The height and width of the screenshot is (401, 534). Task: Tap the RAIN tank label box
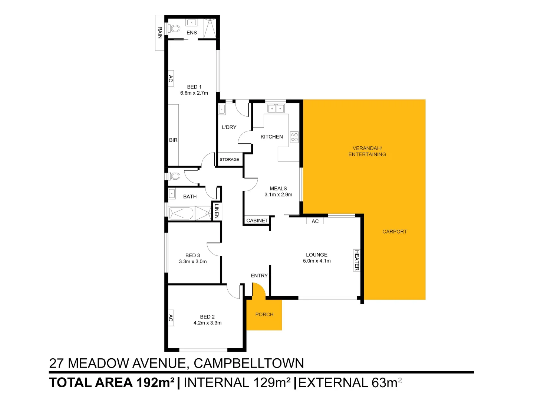[x=160, y=33]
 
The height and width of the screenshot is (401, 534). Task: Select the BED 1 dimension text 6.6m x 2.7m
[x=194, y=93]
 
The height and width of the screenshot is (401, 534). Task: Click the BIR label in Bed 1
[x=173, y=140]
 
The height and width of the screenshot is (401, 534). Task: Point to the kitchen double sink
[x=276, y=108]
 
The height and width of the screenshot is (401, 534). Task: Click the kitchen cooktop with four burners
[x=294, y=137]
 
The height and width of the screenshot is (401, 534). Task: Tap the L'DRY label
[x=229, y=127]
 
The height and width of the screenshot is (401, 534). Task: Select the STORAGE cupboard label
[x=229, y=160]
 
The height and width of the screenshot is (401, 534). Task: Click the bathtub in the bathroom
[x=181, y=213]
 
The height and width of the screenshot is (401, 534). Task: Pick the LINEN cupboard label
[x=217, y=211]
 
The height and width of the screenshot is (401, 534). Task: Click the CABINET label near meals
[x=257, y=221]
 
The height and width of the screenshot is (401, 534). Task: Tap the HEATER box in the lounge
[x=357, y=260]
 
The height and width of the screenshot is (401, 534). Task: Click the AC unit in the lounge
[x=315, y=221]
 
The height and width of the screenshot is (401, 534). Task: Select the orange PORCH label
[x=264, y=314]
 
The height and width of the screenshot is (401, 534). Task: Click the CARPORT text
[x=395, y=232]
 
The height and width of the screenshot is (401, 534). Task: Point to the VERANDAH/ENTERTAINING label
[x=367, y=151]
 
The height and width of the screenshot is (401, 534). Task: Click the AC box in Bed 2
[x=171, y=318]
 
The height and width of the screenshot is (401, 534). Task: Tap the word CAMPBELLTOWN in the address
[x=249, y=363]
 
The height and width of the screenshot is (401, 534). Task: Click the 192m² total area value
[x=155, y=383]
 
